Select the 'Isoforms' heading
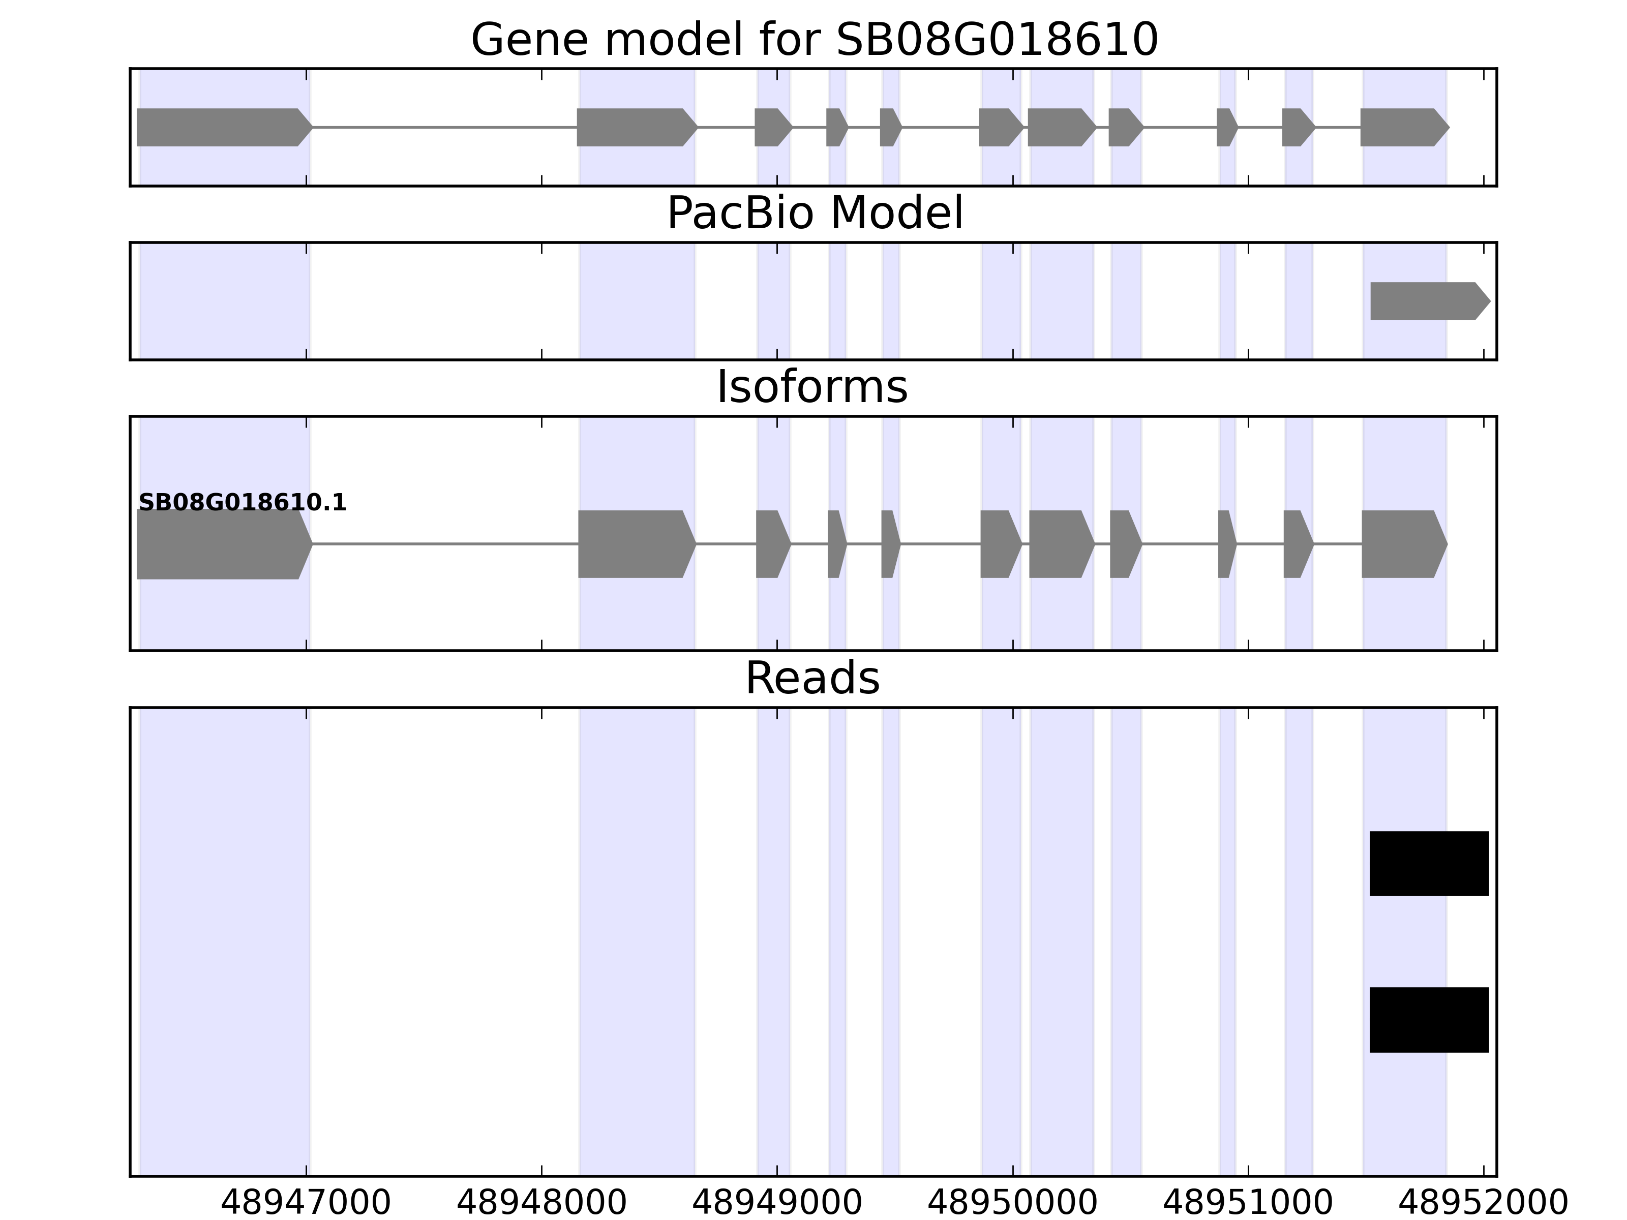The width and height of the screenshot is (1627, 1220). click(812, 387)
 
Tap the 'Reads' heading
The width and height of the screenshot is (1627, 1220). click(812, 678)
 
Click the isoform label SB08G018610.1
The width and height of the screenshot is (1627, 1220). click(242, 503)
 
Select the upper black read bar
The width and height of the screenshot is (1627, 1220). click(1428, 864)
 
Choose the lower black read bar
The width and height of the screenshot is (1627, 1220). click(1428, 1020)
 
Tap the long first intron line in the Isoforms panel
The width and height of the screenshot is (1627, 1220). click(445, 544)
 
